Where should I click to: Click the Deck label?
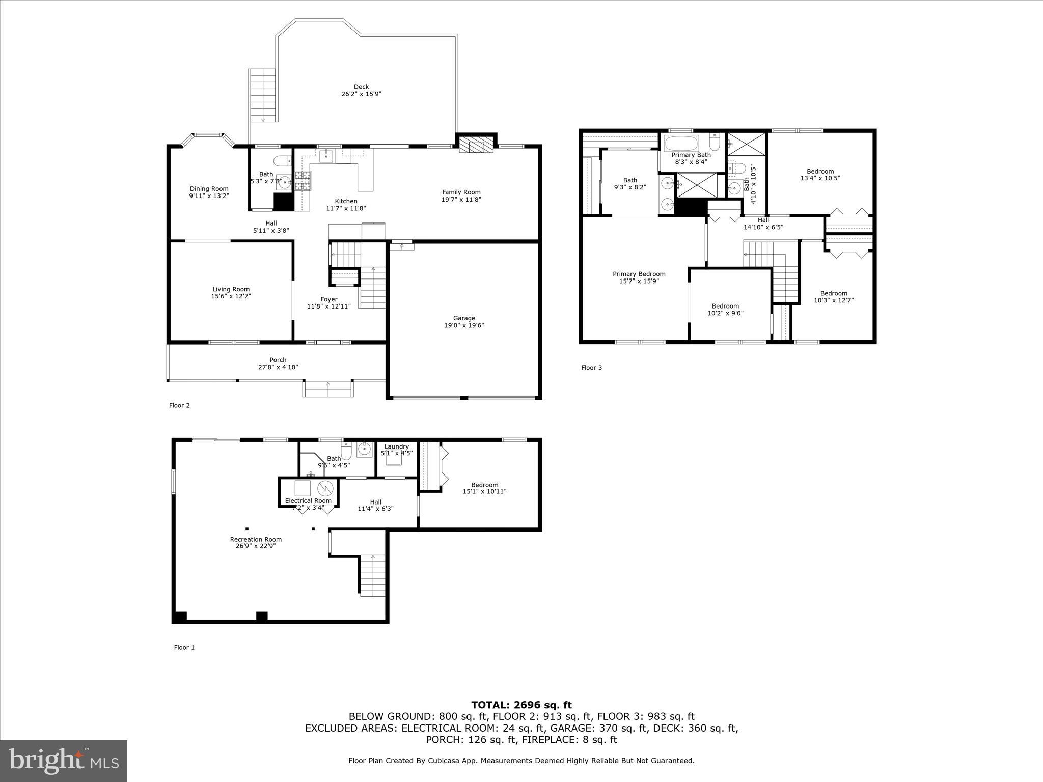tap(361, 87)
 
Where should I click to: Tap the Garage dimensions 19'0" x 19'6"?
tap(463, 325)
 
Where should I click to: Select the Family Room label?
tap(461, 192)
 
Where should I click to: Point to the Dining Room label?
tap(209, 189)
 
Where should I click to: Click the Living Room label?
tap(231, 289)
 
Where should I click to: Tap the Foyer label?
tap(328, 299)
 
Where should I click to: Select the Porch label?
tap(278, 360)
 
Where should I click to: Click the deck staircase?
tap(263, 95)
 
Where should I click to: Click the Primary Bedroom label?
tap(639, 274)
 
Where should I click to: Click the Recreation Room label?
tap(256, 539)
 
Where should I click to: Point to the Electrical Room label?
tap(308, 500)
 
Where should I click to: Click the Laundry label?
tap(396, 446)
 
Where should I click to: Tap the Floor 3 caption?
tap(591, 368)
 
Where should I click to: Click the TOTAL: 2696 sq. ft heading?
tap(521, 705)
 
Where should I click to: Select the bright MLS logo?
tap(64, 761)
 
